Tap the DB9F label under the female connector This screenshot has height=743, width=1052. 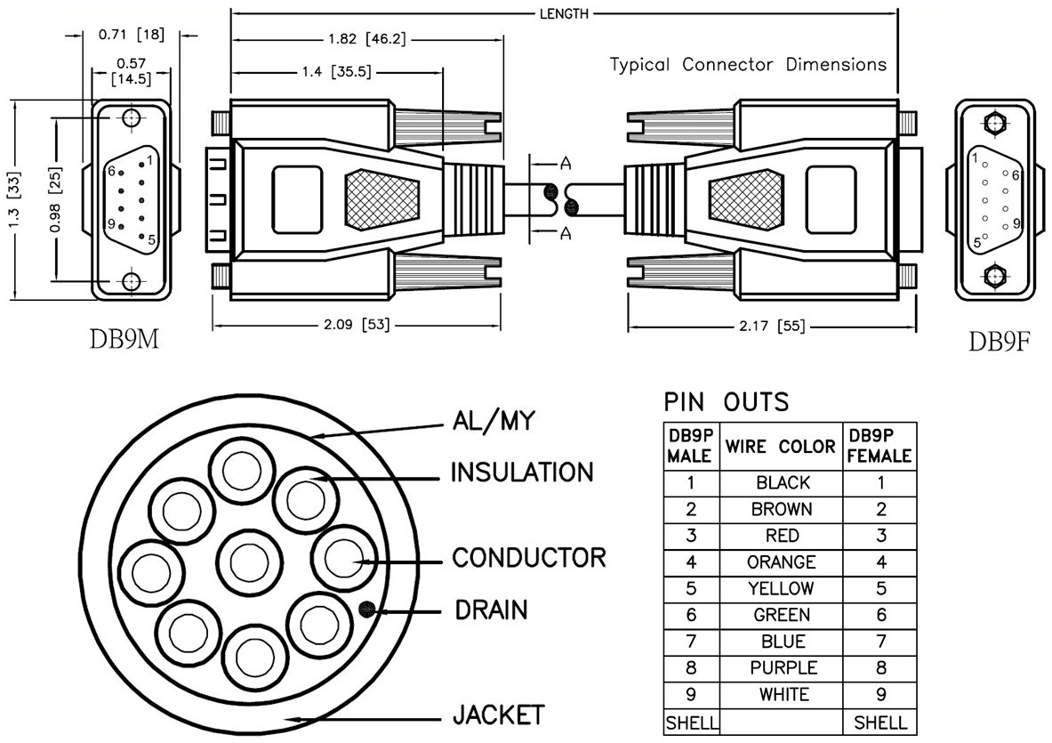click(x=999, y=342)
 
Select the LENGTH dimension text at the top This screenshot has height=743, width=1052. click(x=564, y=13)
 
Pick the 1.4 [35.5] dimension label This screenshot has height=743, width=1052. click(x=328, y=74)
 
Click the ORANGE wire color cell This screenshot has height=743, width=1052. click(x=781, y=562)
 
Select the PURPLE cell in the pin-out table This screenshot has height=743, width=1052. click(x=783, y=667)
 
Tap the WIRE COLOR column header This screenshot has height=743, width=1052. click(x=781, y=447)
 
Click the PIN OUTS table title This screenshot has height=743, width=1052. click(x=726, y=402)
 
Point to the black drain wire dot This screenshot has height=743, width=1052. click(x=365, y=610)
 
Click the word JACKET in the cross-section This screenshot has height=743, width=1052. click(x=498, y=715)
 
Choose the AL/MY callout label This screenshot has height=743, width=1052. click(x=494, y=421)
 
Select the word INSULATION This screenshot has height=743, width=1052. click(x=521, y=472)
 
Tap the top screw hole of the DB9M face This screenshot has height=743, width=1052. click(x=132, y=118)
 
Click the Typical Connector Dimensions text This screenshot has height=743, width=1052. click(x=748, y=65)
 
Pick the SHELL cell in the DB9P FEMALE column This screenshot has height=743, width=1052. click(x=880, y=723)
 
